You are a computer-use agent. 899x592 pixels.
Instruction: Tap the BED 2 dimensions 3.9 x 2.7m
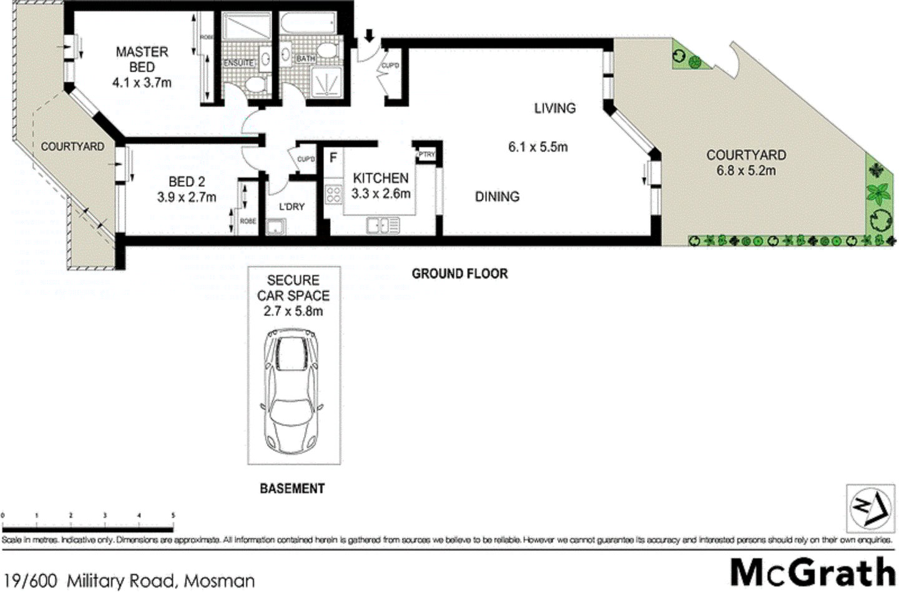pos(186,197)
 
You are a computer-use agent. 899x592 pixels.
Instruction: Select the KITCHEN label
pos(381,178)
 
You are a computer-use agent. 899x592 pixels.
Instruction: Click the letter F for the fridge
pos(333,157)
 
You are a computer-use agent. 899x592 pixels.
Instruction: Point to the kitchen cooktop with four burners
pos(333,194)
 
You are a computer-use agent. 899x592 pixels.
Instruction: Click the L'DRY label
pos(292,206)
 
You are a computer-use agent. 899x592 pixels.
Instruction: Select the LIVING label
pos(554,108)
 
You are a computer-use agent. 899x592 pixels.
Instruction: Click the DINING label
pos(497,197)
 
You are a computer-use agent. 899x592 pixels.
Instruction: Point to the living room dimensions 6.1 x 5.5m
pos(538,147)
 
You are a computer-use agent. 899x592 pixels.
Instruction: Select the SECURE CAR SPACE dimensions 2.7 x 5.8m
pos(293,311)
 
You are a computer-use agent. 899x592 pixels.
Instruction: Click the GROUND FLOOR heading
pos(459,274)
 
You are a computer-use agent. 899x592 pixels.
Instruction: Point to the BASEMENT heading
pos(292,488)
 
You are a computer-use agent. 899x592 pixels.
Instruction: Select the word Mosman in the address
pos(222,581)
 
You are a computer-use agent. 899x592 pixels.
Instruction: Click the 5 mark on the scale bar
pos(173,515)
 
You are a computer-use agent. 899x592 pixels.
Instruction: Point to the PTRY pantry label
pos(426,154)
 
